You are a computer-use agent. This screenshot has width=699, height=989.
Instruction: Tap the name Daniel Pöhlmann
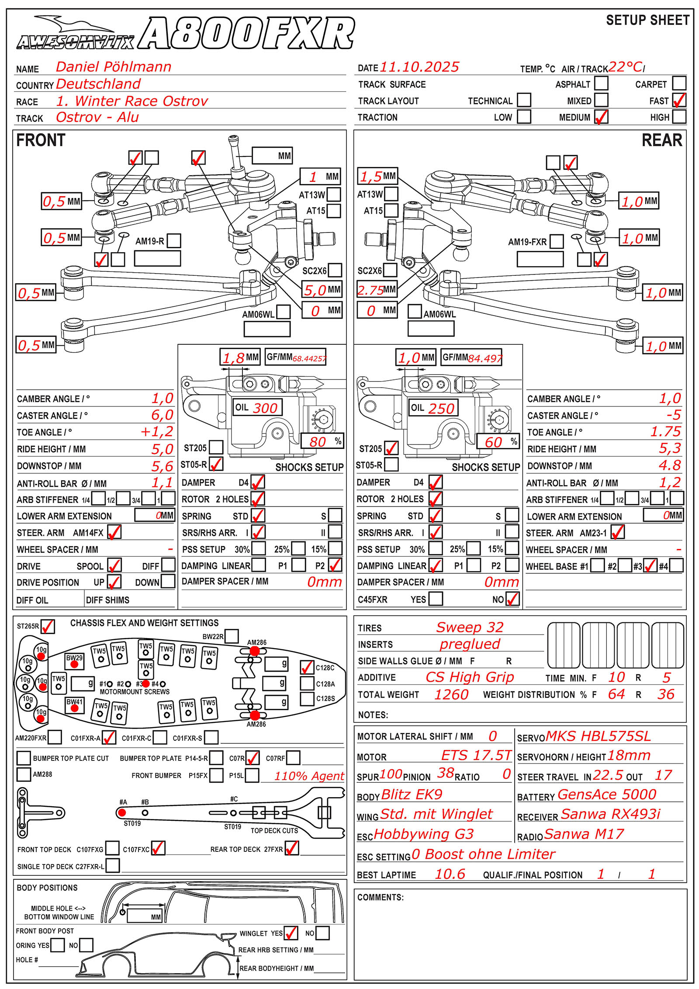(x=114, y=67)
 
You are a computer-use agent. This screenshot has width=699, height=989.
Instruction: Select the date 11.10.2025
(x=419, y=67)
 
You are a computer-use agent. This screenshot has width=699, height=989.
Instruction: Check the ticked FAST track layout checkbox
(x=679, y=100)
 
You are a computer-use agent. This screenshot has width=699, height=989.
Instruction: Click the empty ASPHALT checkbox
(x=601, y=83)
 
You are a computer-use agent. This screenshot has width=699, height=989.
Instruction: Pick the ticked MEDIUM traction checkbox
(x=601, y=117)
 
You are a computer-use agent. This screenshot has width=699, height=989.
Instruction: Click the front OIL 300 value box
(x=257, y=408)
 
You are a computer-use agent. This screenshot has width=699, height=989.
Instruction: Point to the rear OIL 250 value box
(x=433, y=408)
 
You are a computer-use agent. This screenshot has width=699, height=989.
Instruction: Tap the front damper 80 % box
(x=322, y=441)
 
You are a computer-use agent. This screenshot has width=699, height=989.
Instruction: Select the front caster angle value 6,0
(x=162, y=415)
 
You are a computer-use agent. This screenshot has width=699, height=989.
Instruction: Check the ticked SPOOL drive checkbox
(x=114, y=566)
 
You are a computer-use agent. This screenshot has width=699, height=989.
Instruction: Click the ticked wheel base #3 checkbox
(x=651, y=566)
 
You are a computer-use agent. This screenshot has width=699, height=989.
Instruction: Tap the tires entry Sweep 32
(x=470, y=627)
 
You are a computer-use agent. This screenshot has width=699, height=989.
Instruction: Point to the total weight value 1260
(x=451, y=694)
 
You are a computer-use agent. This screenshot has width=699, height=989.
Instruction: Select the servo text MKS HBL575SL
(x=598, y=736)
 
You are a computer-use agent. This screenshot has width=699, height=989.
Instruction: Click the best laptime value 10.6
(x=450, y=874)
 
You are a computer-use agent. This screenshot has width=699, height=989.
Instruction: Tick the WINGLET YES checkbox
(x=291, y=933)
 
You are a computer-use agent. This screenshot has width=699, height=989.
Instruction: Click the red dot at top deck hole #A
(x=122, y=812)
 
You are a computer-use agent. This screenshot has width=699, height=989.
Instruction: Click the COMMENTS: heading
(x=380, y=897)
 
